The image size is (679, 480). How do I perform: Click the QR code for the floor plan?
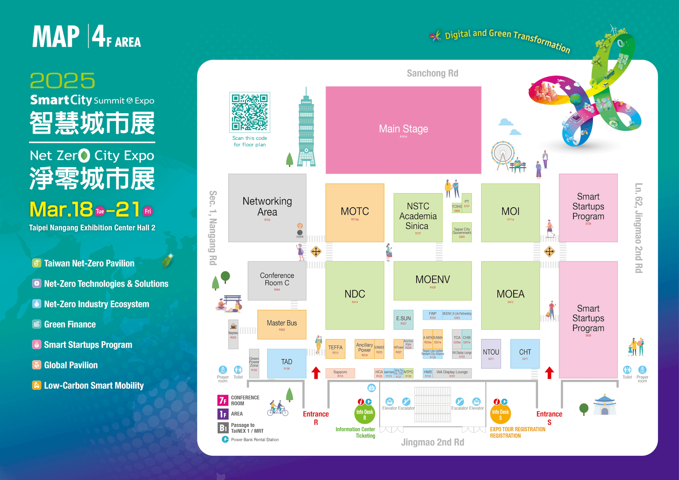pos(250,112)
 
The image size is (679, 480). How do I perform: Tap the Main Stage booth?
pos(403,130)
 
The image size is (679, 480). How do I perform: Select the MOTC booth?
pos(355,213)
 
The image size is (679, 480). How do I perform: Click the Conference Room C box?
pos(277,281)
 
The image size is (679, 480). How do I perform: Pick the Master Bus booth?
pos(282,324)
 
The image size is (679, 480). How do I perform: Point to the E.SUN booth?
pos(403,320)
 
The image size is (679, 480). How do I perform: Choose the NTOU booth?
pos(491,353)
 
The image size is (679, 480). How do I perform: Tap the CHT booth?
pos(525,353)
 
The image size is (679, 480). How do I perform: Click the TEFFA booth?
pos(335,349)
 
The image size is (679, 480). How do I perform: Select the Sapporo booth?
pos(340,373)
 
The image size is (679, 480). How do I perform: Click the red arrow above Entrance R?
pos(316,372)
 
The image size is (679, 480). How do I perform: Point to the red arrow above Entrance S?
pos(549,372)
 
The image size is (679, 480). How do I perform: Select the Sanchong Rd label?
pos(433,73)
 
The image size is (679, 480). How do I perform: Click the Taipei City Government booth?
pos(462,232)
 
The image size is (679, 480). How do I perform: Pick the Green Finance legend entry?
pos(70,324)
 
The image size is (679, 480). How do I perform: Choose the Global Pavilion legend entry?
pos(71,365)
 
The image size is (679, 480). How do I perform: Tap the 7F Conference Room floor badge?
pos(223,400)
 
